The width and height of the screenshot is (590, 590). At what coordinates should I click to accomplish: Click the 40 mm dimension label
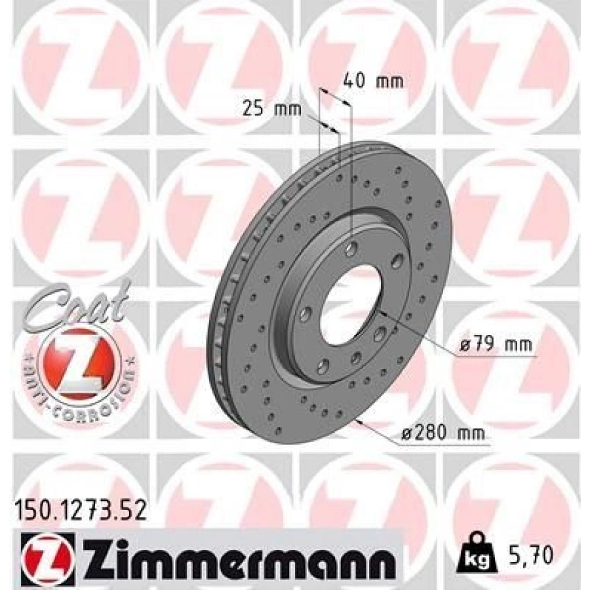[373, 81]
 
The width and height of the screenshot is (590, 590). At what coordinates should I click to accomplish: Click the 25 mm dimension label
[271, 109]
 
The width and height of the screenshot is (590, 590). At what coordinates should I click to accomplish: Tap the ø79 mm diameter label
[494, 344]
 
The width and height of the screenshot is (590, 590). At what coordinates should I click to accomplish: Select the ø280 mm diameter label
[443, 434]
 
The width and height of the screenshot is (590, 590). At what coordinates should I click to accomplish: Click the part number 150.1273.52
[79, 511]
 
